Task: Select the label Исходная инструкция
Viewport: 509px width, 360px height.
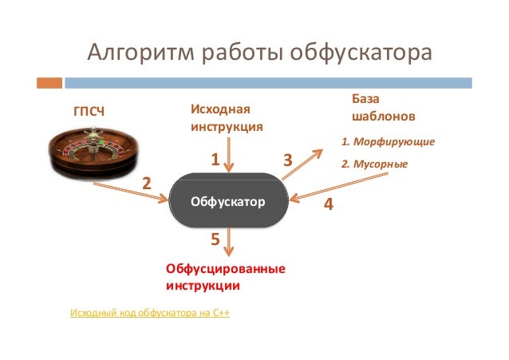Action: click(x=226, y=117)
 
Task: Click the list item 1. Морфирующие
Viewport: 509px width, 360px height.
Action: click(x=387, y=141)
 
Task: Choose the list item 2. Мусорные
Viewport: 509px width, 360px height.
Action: click(x=374, y=164)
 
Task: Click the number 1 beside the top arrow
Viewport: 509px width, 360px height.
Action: click(x=214, y=160)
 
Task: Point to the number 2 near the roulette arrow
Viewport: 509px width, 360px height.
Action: click(x=146, y=183)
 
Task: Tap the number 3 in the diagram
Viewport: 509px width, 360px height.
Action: click(x=288, y=160)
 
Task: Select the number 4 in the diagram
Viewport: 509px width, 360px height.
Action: click(x=327, y=204)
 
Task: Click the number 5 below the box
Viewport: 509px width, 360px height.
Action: click(x=215, y=239)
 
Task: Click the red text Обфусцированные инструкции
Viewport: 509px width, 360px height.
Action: click(x=225, y=276)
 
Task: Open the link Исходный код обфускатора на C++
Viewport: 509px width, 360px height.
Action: click(x=150, y=312)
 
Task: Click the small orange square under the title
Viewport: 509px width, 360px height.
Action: click(x=50, y=82)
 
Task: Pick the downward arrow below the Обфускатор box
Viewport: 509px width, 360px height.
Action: click(x=230, y=243)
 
